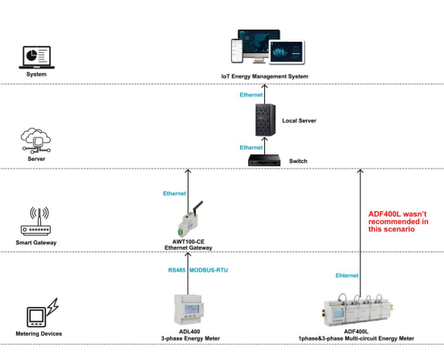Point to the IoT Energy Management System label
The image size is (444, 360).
tap(265, 76)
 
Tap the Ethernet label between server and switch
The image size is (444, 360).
tap(251, 148)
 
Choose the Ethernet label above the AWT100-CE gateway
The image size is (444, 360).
tap(174, 194)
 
